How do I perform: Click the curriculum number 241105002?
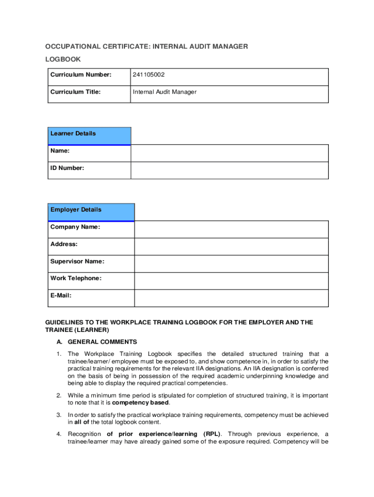(152, 75)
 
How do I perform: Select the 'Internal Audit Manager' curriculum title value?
(164, 92)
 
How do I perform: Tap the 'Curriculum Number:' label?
(81, 75)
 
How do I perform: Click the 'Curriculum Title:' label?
(75, 92)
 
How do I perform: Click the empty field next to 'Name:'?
(229, 153)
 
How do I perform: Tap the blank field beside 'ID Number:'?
(229, 170)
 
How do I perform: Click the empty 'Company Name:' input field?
(231, 230)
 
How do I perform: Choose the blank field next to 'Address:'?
(231, 247)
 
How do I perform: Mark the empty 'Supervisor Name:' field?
(231, 264)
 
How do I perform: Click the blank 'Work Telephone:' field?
(231, 281)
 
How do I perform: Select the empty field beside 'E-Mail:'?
(231, 298)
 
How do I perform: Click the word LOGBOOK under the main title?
(63, 59)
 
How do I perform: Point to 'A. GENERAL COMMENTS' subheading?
(97, 342)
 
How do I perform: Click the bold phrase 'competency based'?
(141, 403)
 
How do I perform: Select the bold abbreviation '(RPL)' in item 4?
(212, 434)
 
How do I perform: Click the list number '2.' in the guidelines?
(59, 396)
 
